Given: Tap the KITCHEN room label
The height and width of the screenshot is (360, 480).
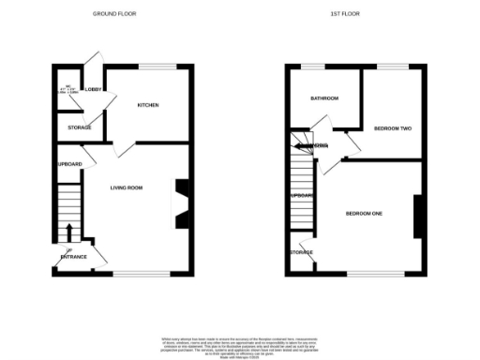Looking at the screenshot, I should pyautogui.click(x=148, y=105).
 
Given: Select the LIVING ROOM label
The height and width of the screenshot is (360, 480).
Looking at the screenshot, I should pyautogui.click(x=127, y=188).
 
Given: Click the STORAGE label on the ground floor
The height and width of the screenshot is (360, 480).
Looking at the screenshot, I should pyautogui.click(x=79, y=127).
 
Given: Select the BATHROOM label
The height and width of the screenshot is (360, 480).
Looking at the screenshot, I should pyautogui.click(x=324, y=98).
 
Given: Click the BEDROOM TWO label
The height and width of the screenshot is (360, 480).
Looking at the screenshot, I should pyautogui.click(x=393, y=127).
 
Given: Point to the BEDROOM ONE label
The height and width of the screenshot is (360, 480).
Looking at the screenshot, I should pyautogui.click(x=365, y=214).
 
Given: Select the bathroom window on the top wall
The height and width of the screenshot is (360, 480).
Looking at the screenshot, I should pyautogui.click(x=313, y=66).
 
